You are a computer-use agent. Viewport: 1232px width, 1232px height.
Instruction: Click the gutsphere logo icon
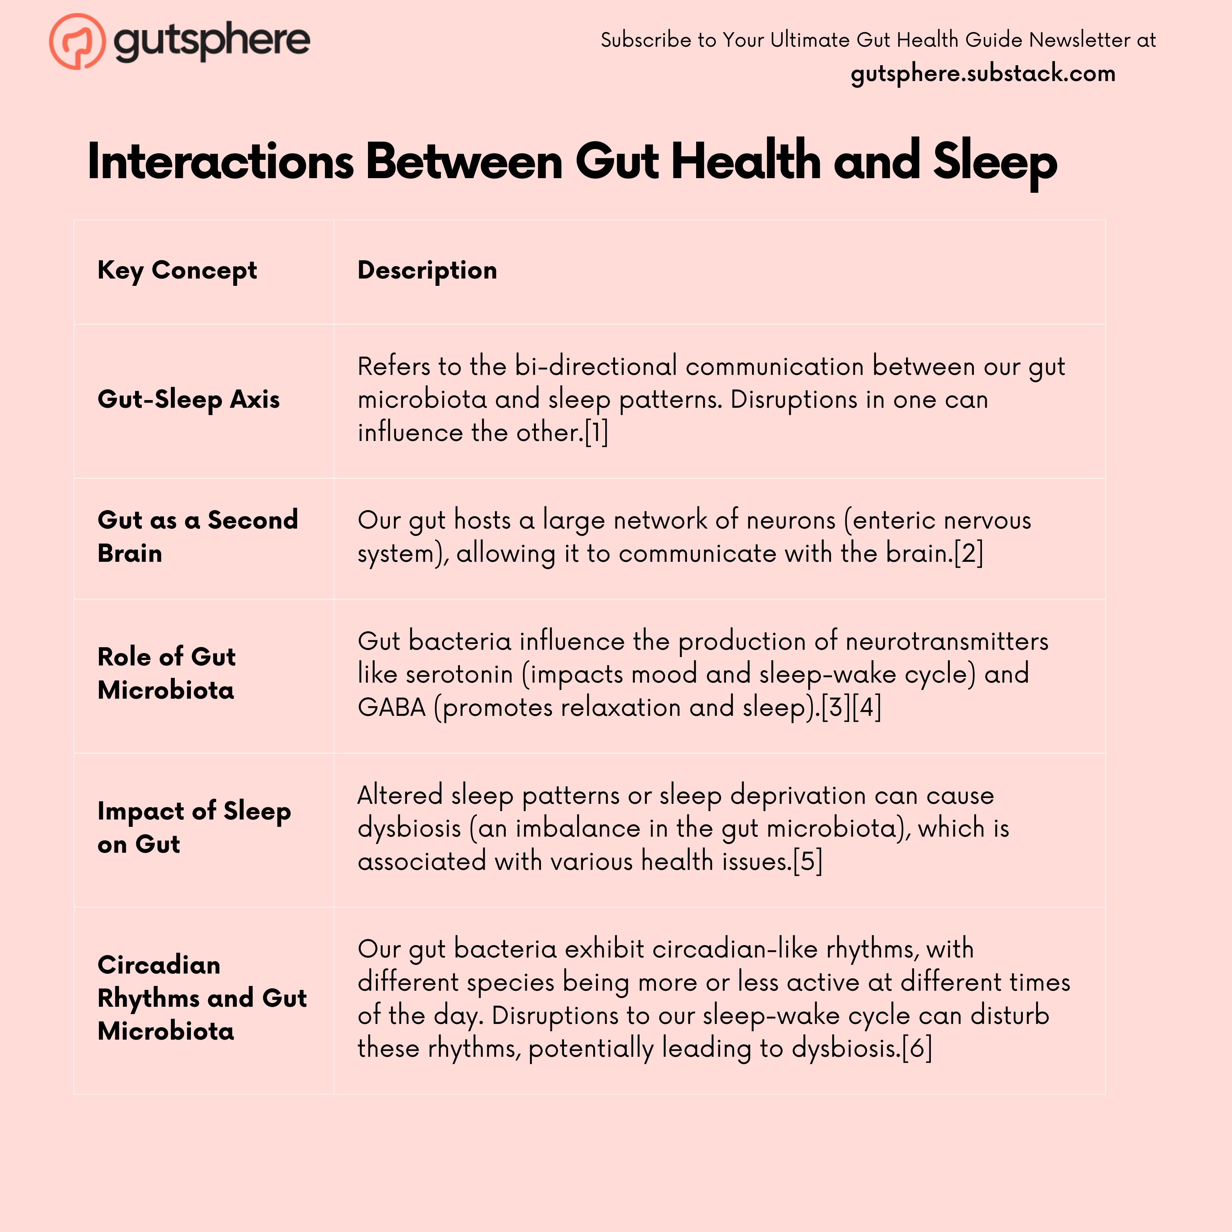77,41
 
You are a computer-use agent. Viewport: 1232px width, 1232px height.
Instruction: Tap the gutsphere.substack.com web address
983,73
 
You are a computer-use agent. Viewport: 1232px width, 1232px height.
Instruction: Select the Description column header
427,270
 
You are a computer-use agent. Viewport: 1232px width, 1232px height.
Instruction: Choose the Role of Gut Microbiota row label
166,673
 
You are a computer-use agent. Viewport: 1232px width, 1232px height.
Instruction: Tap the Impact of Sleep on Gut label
194,827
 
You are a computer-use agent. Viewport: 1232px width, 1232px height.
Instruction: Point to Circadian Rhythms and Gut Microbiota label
202,998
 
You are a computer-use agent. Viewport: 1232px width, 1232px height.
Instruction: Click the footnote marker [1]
597,432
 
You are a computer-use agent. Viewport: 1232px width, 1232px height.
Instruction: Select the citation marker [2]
969,553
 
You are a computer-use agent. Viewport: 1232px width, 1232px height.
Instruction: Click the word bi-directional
596,366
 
